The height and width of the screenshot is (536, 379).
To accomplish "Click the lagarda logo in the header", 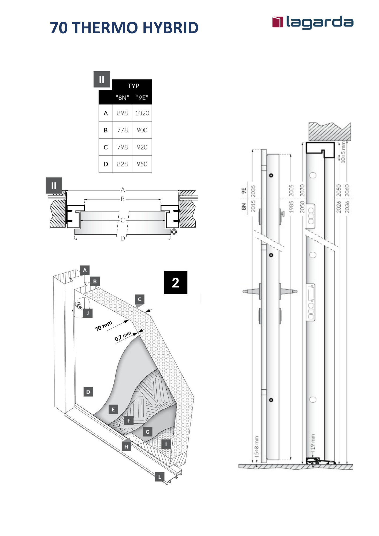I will [313, 22].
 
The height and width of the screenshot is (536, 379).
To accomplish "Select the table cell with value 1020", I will [142, 113].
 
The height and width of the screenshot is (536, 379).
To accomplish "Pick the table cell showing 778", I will [122, 130].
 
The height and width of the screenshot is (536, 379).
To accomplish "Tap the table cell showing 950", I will [142, 164].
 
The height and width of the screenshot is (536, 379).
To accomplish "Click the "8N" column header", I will [122, 98].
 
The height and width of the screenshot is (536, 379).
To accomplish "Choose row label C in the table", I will [106, 147].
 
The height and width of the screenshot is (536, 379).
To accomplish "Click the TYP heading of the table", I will [133, 86].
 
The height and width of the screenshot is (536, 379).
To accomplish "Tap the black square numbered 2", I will [176, 283].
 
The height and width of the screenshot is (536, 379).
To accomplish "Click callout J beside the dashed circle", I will [88, 313].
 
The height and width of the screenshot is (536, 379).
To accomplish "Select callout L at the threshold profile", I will [160, 477].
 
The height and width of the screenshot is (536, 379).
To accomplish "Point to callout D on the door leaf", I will [88, 392].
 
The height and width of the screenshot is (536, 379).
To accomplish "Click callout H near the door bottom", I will [126, 446].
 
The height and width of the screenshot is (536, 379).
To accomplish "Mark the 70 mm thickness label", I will [103, 326].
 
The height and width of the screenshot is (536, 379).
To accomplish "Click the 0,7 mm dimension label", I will [123, 336].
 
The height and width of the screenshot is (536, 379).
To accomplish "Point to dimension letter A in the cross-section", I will [123, 190].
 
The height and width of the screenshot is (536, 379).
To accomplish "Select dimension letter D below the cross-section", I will [123, 238].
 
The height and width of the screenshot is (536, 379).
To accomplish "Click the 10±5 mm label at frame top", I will [343, 152].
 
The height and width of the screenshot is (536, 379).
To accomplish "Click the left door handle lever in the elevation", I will [251, 291].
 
